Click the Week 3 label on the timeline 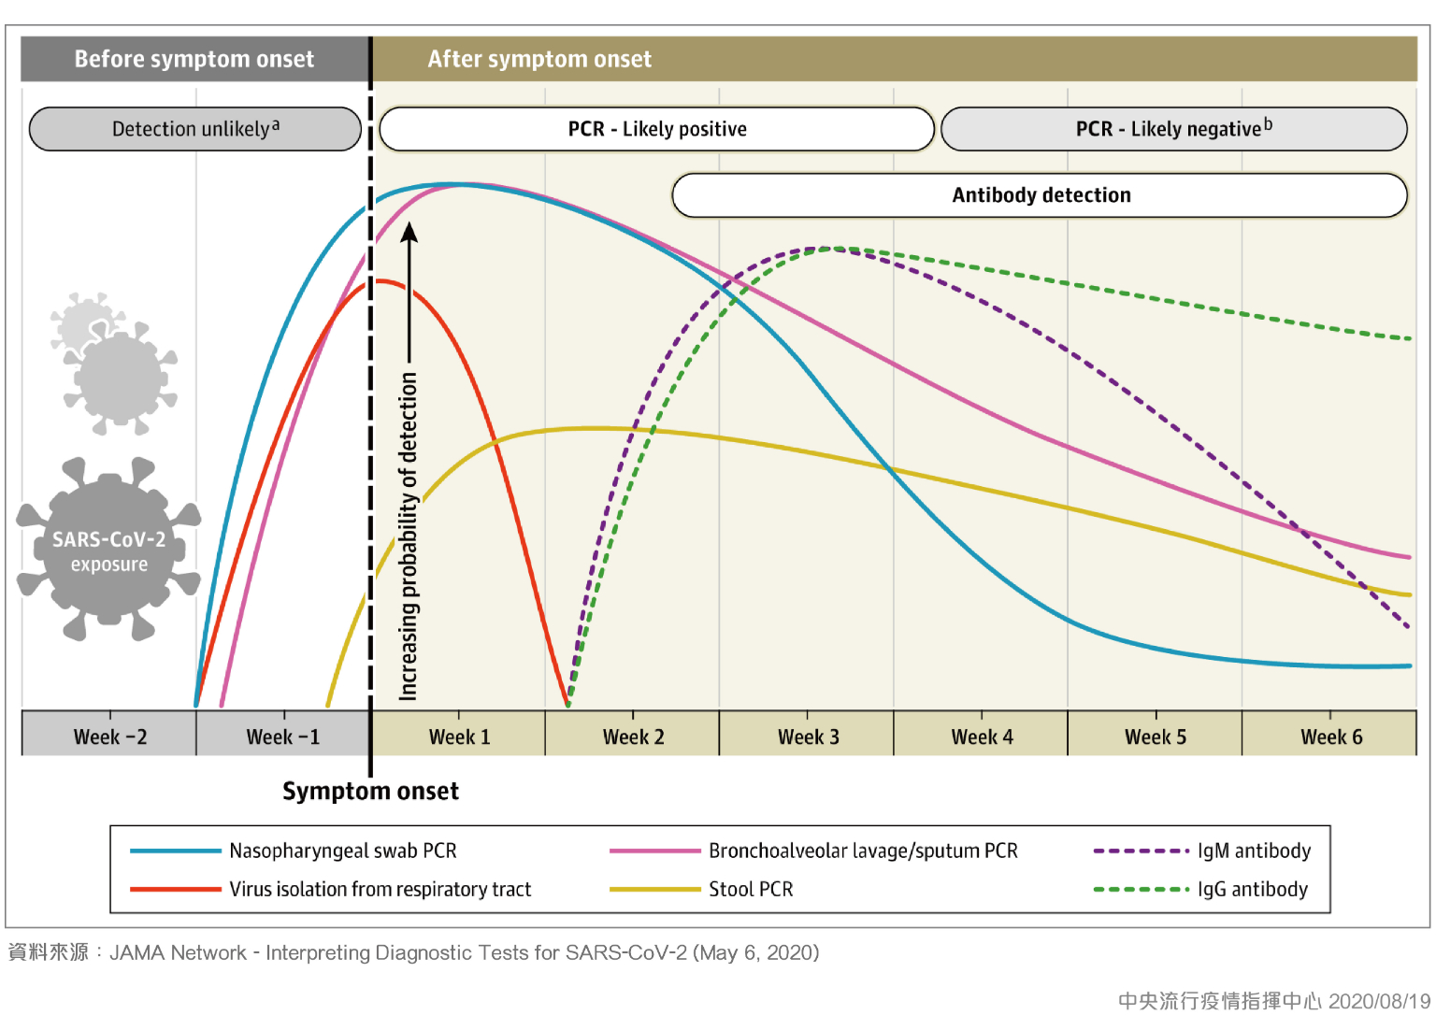point(809,736)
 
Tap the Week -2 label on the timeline point(109,736)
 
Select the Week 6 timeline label point(1331,736)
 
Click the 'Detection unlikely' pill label point(194,129)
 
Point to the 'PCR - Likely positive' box point(657,129)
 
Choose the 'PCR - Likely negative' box point(1173,129)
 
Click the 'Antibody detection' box point(1041,195)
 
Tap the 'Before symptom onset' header point(194,59)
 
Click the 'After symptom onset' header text point(539,59)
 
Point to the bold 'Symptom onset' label point(370,792)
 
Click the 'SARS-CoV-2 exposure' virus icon point(108,550)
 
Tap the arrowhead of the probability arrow point(409,231)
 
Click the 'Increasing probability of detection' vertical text point(409,536)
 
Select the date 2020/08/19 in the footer point(1379,1001)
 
